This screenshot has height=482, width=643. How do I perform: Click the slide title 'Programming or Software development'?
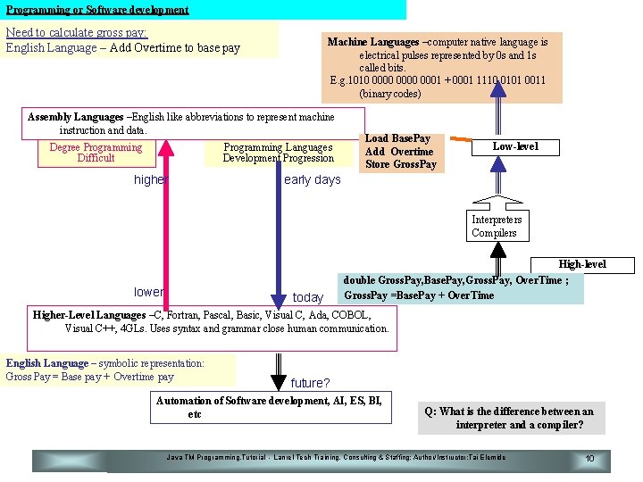97,10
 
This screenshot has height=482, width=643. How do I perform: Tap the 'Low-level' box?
515,146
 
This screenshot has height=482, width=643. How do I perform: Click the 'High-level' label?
582,264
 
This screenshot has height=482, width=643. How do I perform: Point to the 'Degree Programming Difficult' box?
96,153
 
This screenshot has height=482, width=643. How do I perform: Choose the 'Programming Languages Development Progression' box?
278,153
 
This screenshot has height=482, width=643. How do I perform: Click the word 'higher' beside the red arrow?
150,179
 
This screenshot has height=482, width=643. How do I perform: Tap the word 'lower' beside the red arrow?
148,292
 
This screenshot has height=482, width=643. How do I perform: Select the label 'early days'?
312,179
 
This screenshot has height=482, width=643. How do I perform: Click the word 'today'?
308,297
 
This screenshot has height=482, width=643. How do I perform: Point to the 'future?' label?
310,383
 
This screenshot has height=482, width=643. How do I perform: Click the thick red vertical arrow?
165,232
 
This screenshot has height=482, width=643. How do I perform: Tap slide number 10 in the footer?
589,459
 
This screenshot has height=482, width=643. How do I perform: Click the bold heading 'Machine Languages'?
372,42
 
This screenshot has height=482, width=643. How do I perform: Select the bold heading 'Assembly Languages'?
76,117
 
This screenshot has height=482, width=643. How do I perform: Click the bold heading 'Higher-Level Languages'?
89,315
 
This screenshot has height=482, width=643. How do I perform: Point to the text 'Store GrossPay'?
401,164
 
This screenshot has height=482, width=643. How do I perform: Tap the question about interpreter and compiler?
509,418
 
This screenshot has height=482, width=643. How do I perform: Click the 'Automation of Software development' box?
269,407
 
